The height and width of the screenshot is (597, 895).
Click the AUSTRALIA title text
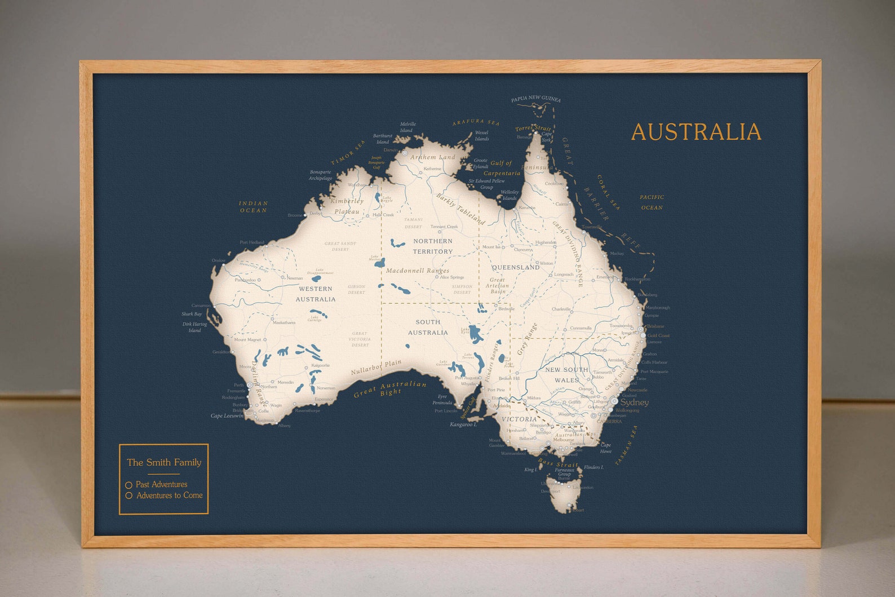point(696,132)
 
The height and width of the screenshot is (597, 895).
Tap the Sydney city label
point(634,403)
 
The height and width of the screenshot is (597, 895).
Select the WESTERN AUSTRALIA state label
point(316,294)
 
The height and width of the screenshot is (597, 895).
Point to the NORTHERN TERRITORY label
point(433,246)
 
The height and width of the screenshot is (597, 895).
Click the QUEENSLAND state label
point(516,267)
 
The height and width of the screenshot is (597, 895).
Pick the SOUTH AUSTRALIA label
point(428,327)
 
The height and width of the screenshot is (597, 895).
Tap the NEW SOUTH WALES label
point(566,375)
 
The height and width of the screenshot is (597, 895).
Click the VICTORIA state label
point(519,419)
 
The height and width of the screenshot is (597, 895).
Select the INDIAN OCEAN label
point(254,207)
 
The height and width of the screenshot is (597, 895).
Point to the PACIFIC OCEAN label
point(652,202)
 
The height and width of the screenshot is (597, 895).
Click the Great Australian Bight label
point(390,390)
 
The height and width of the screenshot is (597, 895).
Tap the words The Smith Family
point(164,462)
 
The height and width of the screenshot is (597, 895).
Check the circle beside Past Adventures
point(129,485)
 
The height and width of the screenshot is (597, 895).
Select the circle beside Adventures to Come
point(129,496)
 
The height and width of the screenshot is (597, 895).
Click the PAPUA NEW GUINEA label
point(535,99)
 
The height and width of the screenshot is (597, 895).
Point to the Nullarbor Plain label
point(376,368)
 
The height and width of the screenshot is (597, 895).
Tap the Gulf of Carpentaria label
point(502,168)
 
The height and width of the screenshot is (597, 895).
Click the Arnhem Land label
point(432,157)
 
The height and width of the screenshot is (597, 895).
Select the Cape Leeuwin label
point(227,416)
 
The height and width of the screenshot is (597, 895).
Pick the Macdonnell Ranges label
point(418,271)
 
